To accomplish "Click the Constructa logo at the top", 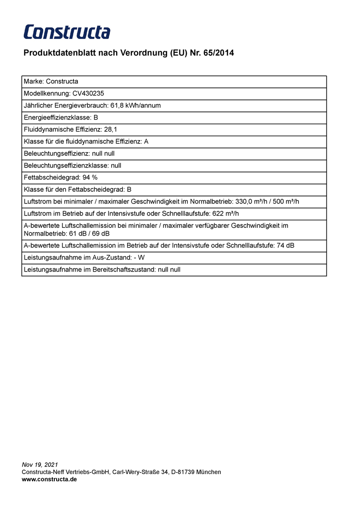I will [x=67, y=32].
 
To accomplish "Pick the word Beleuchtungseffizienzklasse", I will [x=66, y=166].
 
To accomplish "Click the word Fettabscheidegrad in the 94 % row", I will [x=52, y=178].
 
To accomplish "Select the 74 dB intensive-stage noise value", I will [x=286, y=246].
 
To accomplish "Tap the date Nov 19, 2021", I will [x=40, y=465].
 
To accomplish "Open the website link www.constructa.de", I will [x=49, y=479].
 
